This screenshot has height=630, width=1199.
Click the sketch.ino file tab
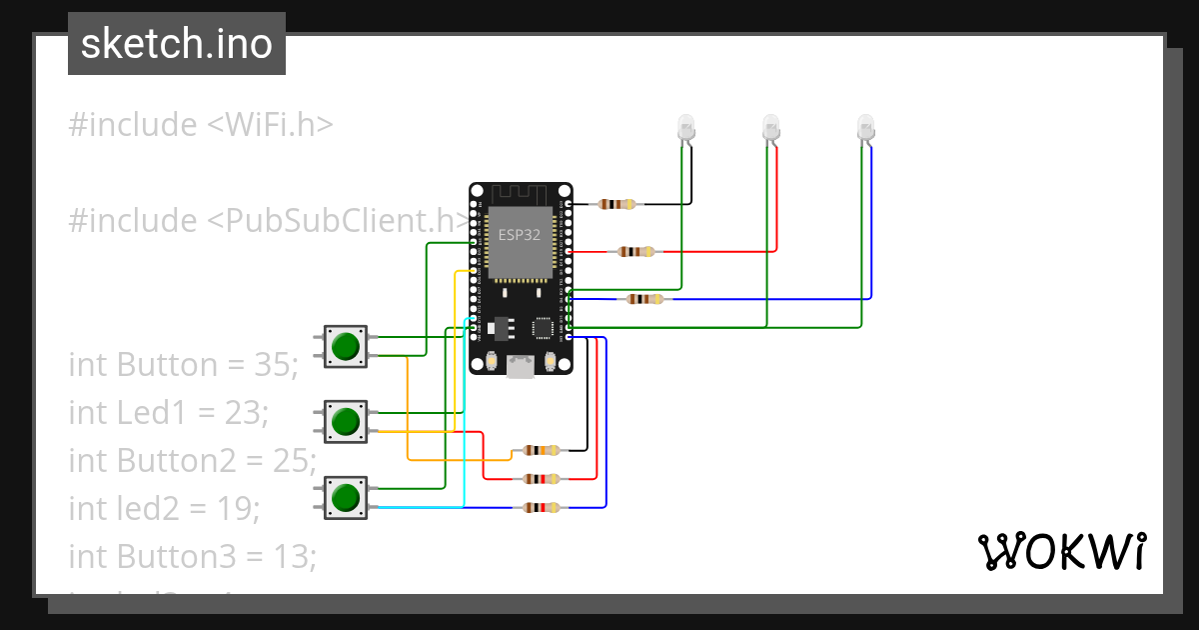(177, 44)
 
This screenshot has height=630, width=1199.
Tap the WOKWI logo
(1060, 551)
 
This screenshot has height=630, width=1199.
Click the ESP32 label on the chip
(520, 235)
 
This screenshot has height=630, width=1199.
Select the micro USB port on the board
(520, 367)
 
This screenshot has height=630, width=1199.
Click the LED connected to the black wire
(686, 127)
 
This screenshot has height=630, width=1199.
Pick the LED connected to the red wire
(770, 127)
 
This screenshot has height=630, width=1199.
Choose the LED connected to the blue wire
(865, 127)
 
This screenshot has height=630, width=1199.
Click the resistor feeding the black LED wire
(615, 204)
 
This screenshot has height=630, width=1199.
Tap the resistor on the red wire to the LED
(636, 251)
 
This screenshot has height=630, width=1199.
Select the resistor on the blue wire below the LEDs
(644, 298)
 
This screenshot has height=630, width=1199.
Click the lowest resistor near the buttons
(540, 508)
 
